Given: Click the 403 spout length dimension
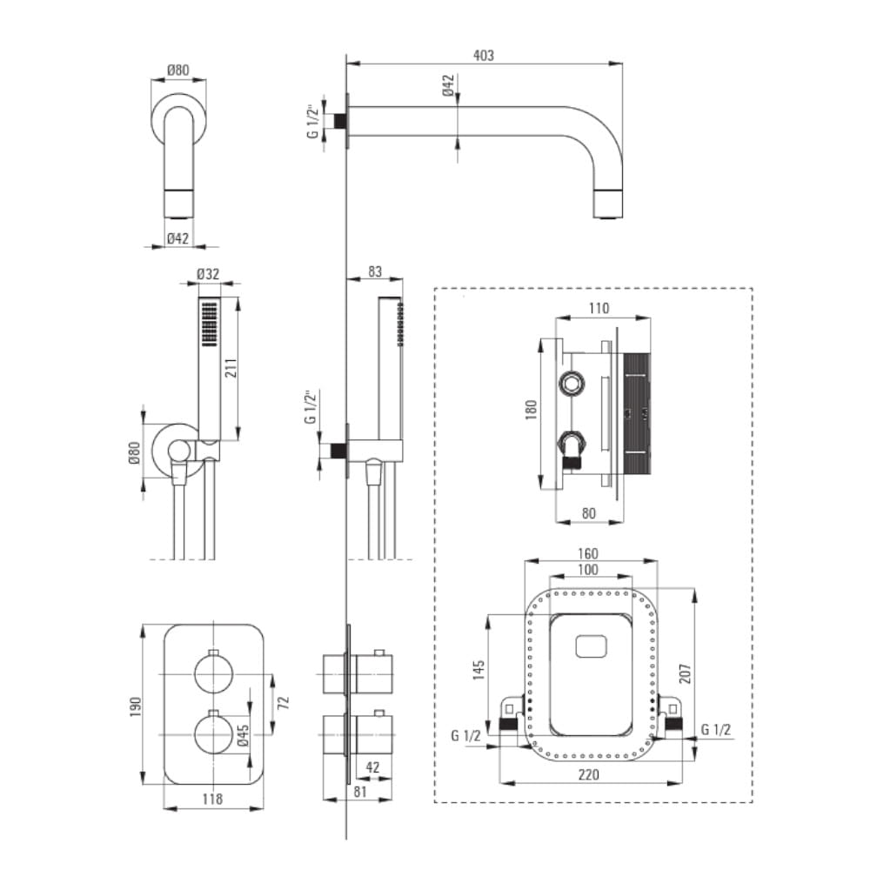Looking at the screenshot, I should pyautogui.click(x=484, y=55).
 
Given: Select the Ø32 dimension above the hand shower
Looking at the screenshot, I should pyautogui.click(x=207, y=273).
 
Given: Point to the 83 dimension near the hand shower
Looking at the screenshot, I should pyautogui.click(x=374, y=271).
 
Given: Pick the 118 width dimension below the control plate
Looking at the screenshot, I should pyautogui.click(x=213, y=799).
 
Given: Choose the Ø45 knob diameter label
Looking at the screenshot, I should pyautogui.click(x=243, y=735).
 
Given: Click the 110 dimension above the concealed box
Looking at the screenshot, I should pyautogui.click(x=599, y=307).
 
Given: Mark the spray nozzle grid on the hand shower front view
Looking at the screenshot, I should pyautogui.click(x=209, y=324).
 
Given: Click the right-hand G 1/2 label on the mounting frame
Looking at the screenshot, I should pyautogui.click(x=714, y=729).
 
